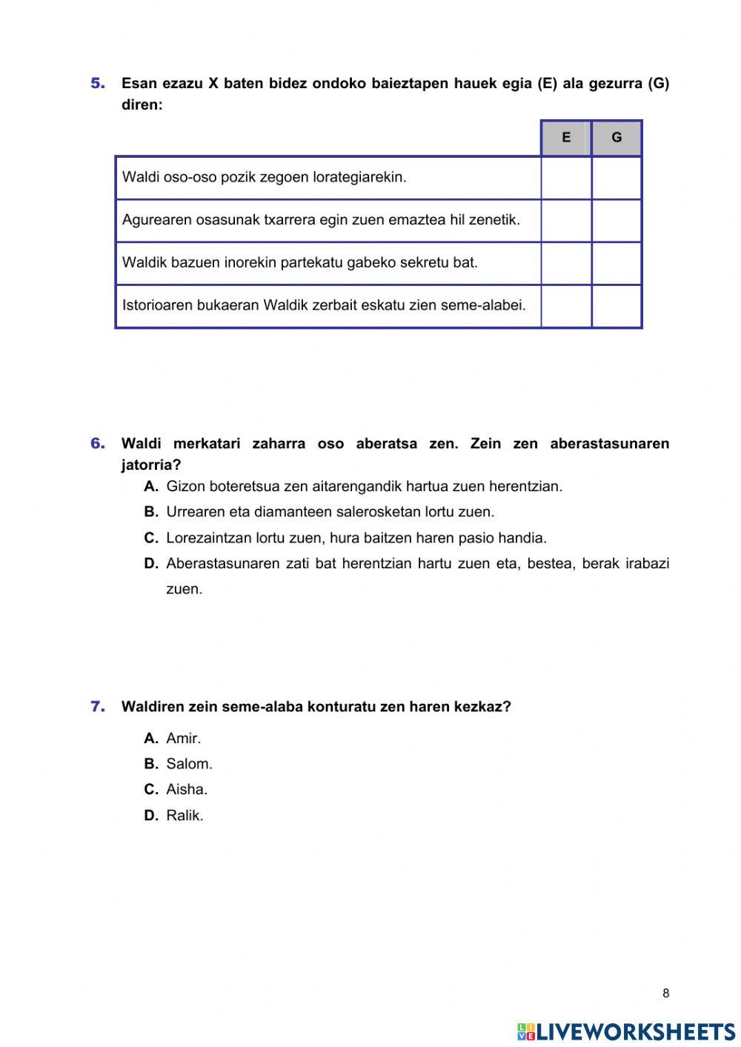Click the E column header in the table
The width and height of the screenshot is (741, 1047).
pos(566,138)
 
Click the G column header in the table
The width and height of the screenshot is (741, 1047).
pos(617,138)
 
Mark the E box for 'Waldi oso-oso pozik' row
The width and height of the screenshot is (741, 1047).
pos(566,178)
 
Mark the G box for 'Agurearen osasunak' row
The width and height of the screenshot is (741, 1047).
pos(617,221)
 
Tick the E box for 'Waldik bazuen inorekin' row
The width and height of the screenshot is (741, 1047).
pos(566,263)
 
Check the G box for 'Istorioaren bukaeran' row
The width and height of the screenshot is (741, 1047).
pos(617,306)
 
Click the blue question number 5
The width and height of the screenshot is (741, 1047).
pos(98,84)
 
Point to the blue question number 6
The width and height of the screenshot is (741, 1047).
pos(98,444)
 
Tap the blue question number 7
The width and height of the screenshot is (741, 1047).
pos(98,707)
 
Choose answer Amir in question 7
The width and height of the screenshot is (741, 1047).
pos(183,739)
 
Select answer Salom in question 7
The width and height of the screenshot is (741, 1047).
pos(189,764)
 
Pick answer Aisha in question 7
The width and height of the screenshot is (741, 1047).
pos(187,790)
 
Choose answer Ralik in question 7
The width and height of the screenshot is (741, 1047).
pos(185,816)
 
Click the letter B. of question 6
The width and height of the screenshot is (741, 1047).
pos(151,512)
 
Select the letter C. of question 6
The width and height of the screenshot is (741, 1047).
pos(151,538)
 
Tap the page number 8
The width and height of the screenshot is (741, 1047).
pos(665,994)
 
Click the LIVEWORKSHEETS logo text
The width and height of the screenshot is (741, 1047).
pos(635,1031)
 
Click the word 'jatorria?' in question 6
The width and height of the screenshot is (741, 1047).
pos(151,465)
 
